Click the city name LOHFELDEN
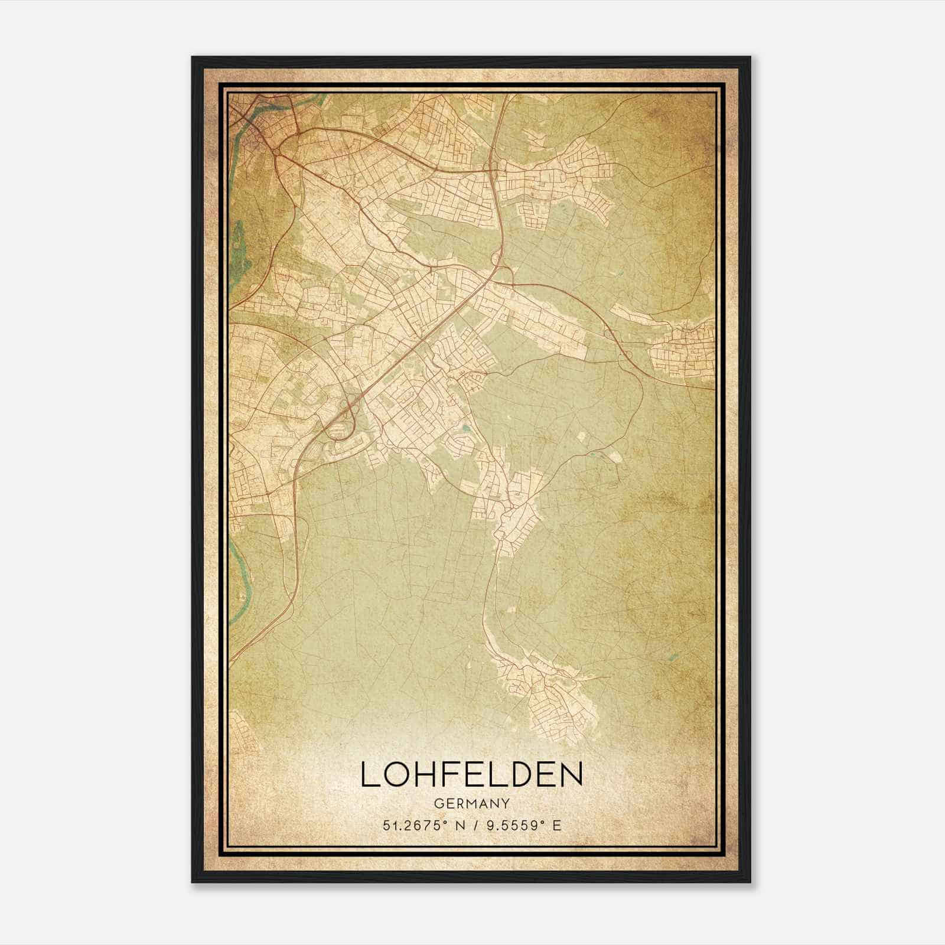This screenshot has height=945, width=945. coord(471,774)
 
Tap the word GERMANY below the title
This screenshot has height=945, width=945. coord(471,803)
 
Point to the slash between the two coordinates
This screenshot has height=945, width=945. coord(474,825)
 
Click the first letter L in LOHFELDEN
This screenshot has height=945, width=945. coord(368,774)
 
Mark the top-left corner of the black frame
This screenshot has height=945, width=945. coord(193,57)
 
